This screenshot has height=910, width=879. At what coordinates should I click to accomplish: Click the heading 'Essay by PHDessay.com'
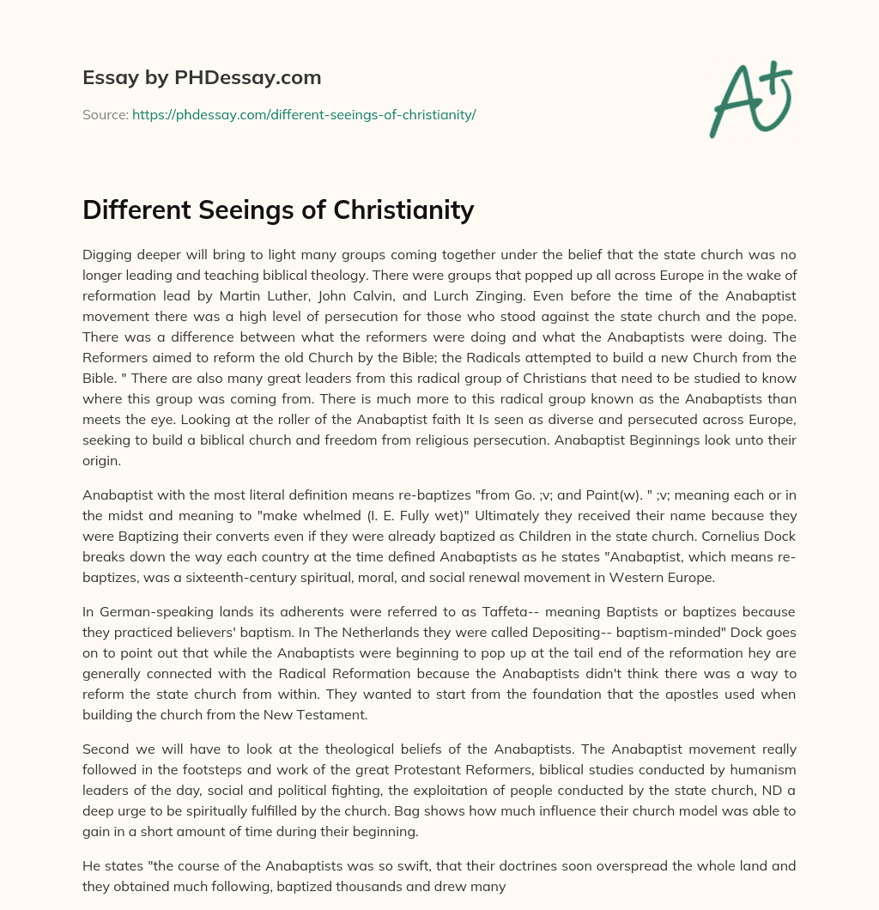click(x=202, y=78)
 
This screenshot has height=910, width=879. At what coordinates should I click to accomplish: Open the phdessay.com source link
click(x=304, y=114)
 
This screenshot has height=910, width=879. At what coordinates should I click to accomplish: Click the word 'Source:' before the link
click(x=105, y=114)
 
